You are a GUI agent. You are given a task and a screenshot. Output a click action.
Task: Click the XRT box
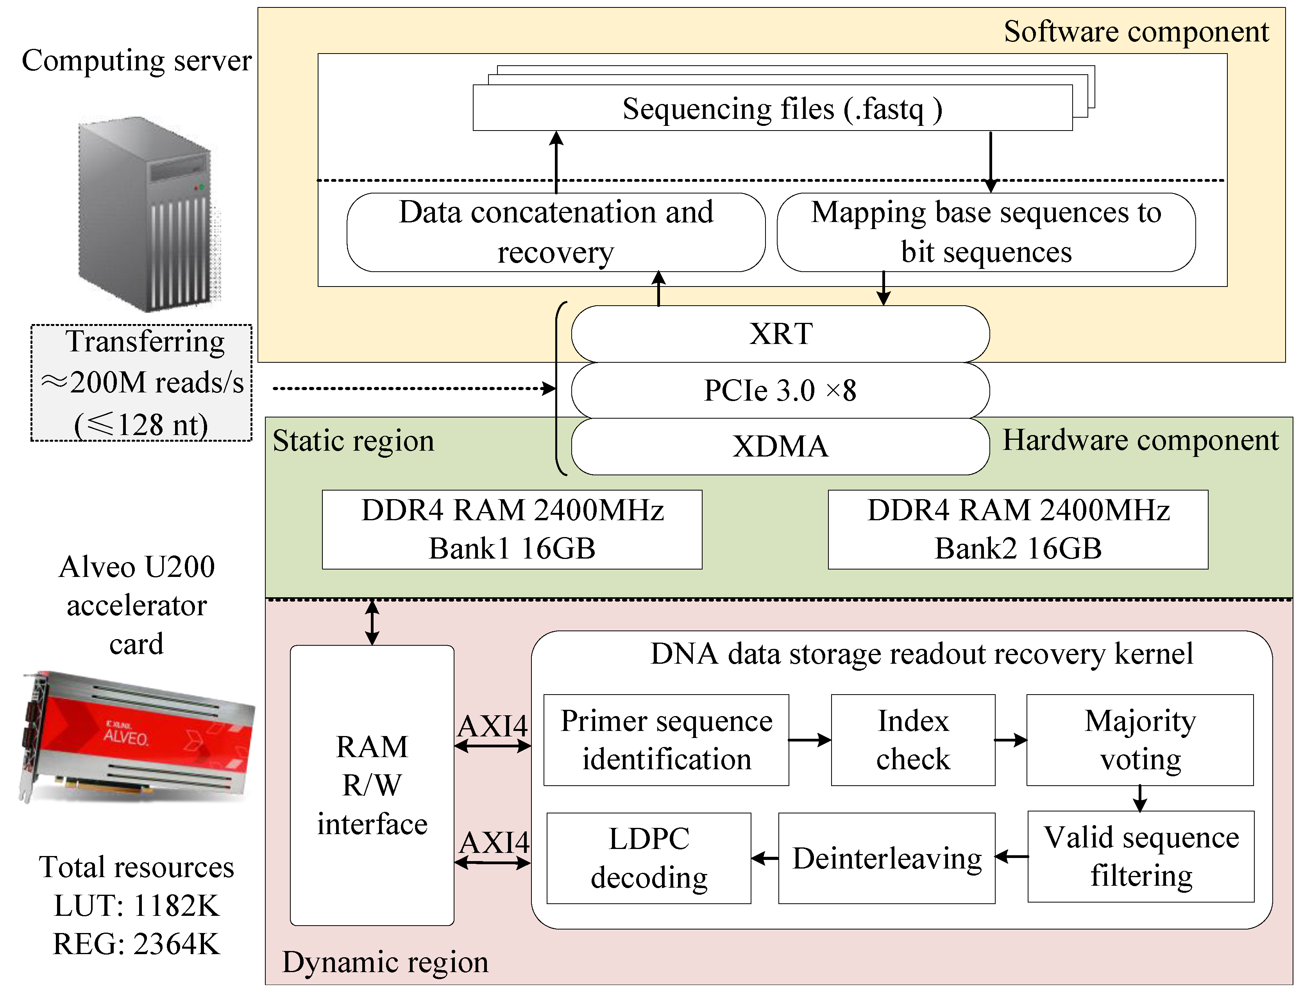click(x=780, y=334)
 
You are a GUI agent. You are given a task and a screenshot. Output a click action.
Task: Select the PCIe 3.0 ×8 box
click(x=780, y=390)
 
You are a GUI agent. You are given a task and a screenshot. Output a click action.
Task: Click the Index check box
click(x=913, y=740)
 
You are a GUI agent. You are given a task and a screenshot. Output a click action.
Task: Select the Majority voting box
click(x=1139, y=740)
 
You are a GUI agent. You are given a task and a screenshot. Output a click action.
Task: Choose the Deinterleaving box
click(x=886, y=858)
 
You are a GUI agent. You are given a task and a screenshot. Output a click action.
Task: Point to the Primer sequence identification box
click(x=666, y=740)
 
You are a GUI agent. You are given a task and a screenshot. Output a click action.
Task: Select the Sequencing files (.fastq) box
click(x=772, y=108)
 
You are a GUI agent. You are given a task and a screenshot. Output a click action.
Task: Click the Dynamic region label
click(x=385, y=962)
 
